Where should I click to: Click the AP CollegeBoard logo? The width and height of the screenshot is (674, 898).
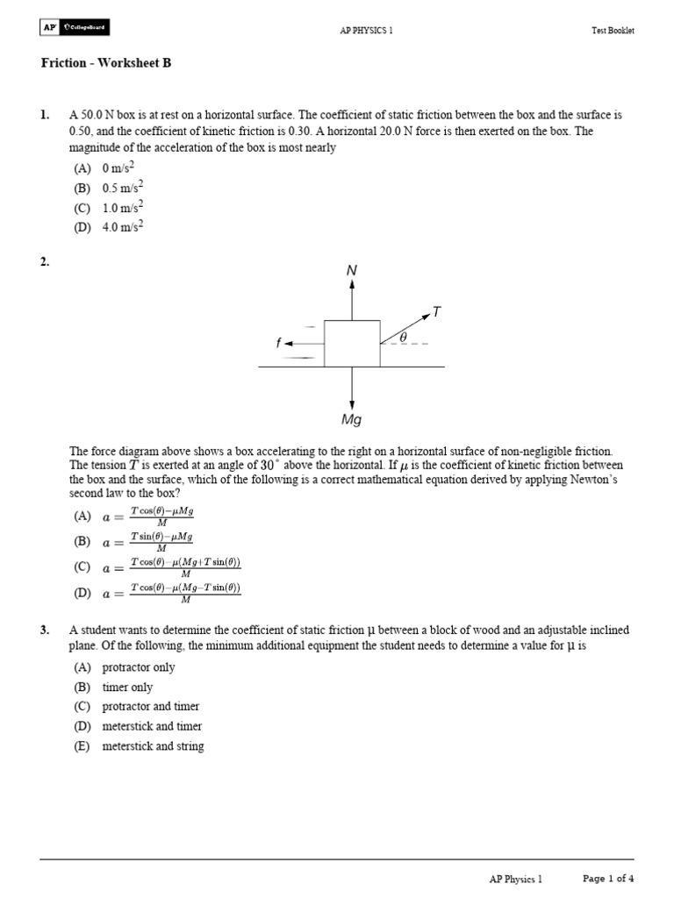[75, 28]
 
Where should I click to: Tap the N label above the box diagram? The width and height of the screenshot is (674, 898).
[352, 271]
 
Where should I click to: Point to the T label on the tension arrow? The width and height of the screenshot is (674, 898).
[436, 311]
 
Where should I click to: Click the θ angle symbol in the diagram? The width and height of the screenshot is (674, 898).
[404, 336]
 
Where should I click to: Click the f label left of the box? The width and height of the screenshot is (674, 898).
[278, 344]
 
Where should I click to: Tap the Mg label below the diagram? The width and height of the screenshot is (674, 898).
[352, 420]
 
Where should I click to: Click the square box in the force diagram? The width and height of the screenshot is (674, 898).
[352, 343]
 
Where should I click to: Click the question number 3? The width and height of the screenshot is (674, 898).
[45, 631]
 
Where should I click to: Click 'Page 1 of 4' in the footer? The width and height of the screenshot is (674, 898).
[608, 878]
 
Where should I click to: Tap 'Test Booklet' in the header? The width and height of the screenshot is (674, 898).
[613, 30]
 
